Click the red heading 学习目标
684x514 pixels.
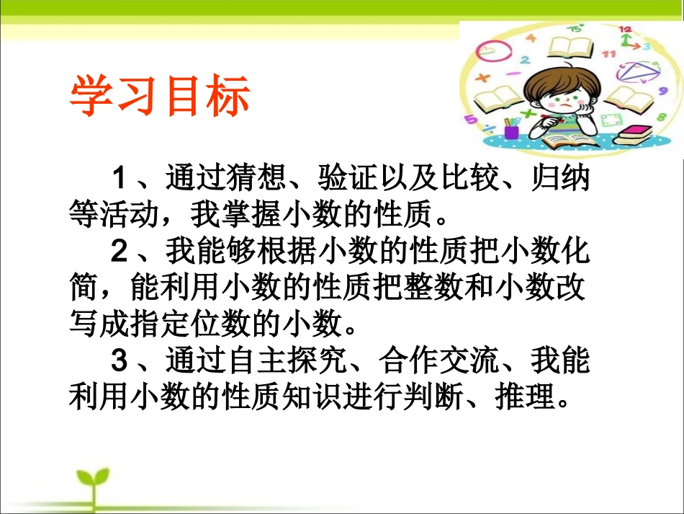159,97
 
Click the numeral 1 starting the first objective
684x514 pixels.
120,176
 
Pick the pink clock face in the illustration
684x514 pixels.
494,52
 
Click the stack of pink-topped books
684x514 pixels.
634,135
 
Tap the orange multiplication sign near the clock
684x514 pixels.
482,77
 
